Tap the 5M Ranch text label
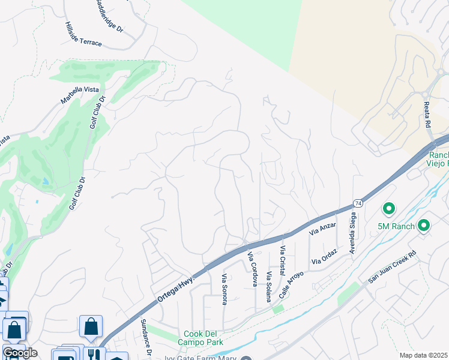pyautogui.click(x=396, y=226)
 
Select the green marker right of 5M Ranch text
pyautogui.click(x=424, y=226)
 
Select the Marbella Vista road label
pyautogui.click(x=79, y=97)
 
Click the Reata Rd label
pyautogui.click(x=428, y=113)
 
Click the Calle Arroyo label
pyautogui.click(x=291, y=282)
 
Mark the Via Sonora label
pyautogui.click(x=224, y=289)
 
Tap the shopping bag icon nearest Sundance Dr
pyautogui.click(x=91, y=326)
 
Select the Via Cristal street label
pyautogui.click(x=283, y=259)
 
